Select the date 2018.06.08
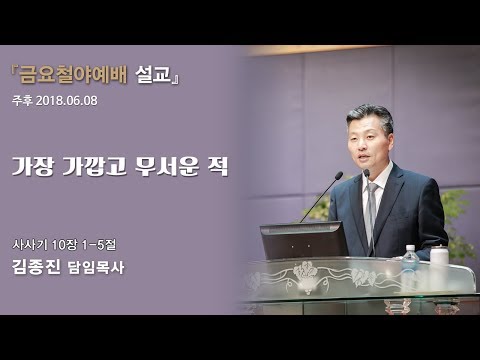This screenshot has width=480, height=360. pyautogui.click(x=70, y=101)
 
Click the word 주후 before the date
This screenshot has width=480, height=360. pyautogui.click(x=22, y=101)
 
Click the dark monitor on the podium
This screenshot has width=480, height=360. pyautogui.click(x=303, y=240)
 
